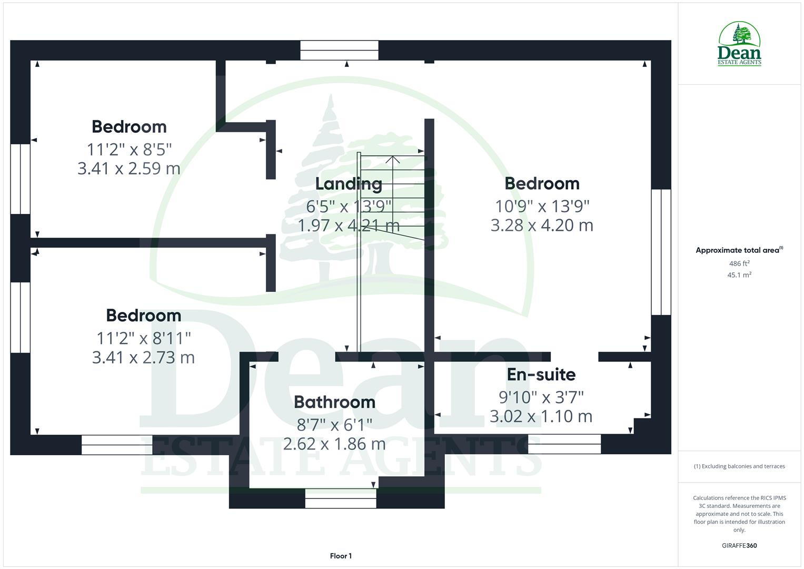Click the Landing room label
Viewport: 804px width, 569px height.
pyautogui.click(x=349, y=183)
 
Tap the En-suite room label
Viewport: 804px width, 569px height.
pyautogui.click(x=541, y=375)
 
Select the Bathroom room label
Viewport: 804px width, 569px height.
pyautogui.click(x=334, y=402)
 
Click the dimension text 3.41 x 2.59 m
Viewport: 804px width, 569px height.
pyautogui.click(x=129, y=169)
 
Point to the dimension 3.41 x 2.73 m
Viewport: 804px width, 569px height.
pyautogui.click(x=143, y=357)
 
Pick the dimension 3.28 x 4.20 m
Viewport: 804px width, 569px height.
pyautogui.click(x=542, y=225)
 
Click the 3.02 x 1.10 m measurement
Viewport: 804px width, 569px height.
pyautogui.click(x=541, y=416)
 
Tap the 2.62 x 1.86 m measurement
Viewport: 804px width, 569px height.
pyautogui.click(x=334, y=444)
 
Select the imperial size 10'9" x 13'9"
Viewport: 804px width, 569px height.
pyautogui.click(x=542, y=205)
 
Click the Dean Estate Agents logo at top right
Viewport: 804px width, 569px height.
pyautogui.click(x=739, y=44)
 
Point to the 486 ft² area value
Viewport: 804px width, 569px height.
pyautogui.click(x=739, y=263)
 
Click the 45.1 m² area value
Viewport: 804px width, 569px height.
pyautogui.click(x=739, y=275)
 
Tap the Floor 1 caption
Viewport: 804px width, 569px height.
pyautogui.click(x=341, y=556)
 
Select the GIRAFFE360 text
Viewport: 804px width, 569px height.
pyautogui.click(x=739, y=545)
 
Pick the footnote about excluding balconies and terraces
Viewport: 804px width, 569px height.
pyautogui.click(x=739, y=466)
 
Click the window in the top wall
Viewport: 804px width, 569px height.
pyautogui.click(x=339, y=51)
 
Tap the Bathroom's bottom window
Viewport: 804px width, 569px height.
pyautogui.click(x=341, y=498)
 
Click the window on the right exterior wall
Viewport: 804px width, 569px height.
pyautogui.click(x=661, y=252)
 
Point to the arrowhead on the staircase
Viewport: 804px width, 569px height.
pyautogui.click(x=392, y=159)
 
